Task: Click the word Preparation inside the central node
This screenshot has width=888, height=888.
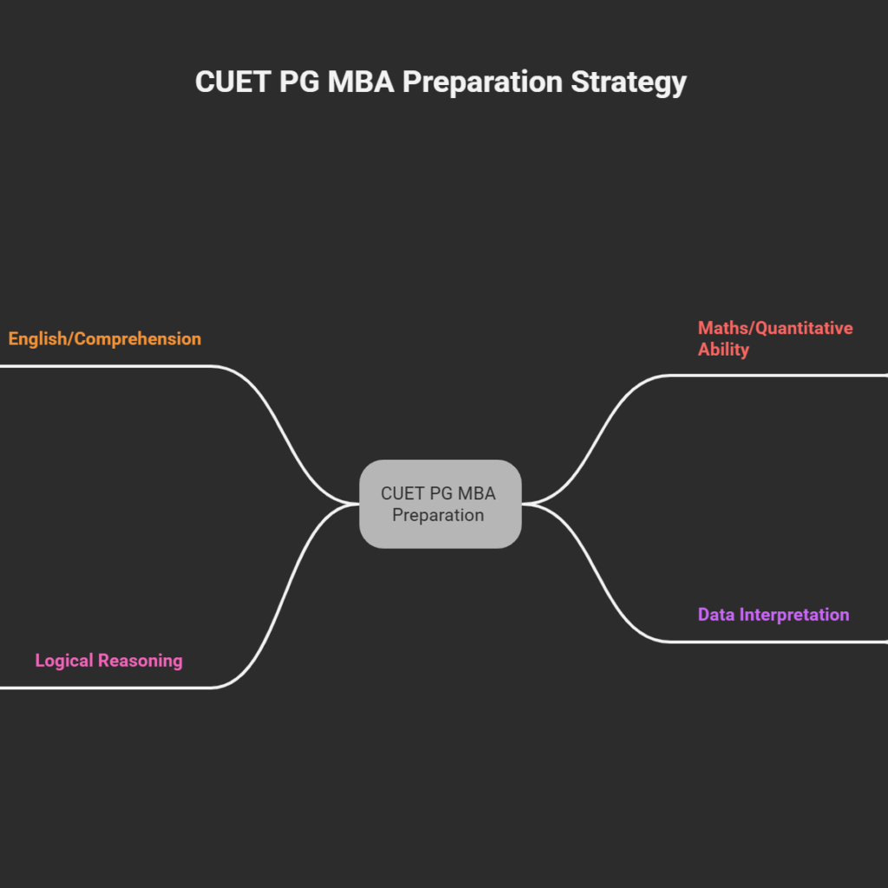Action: click(438, 515)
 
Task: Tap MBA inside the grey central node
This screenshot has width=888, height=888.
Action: click(476, 493)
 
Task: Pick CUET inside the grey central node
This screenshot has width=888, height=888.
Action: click(402, 493)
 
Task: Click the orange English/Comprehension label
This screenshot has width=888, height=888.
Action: click(105, 339)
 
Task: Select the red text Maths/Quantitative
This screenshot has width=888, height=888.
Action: click(775, 329)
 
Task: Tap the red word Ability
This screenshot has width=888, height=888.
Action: click(723, 349)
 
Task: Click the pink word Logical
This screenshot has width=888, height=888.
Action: click(65, 661)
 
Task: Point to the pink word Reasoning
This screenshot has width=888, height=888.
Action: click(140, 661)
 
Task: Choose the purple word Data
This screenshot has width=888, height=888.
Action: click(716, 615)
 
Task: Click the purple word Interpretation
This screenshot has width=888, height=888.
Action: click(793, 615)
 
